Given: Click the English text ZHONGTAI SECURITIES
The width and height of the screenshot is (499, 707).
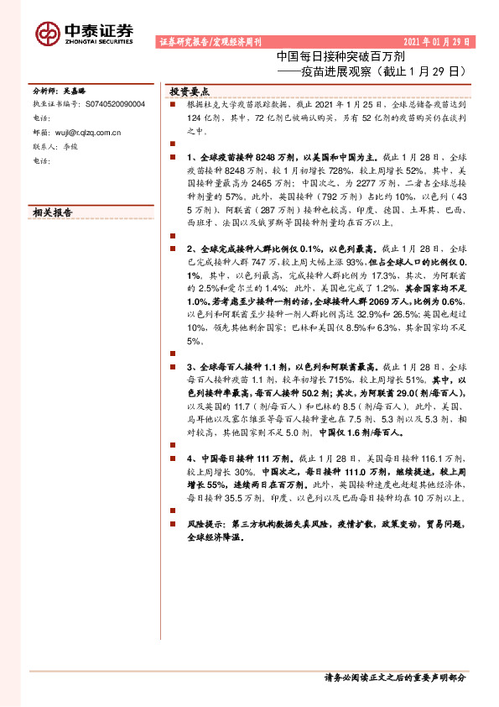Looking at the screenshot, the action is (x=99, y=40).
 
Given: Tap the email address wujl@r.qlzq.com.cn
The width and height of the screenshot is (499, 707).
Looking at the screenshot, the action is (x=87, y=132).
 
